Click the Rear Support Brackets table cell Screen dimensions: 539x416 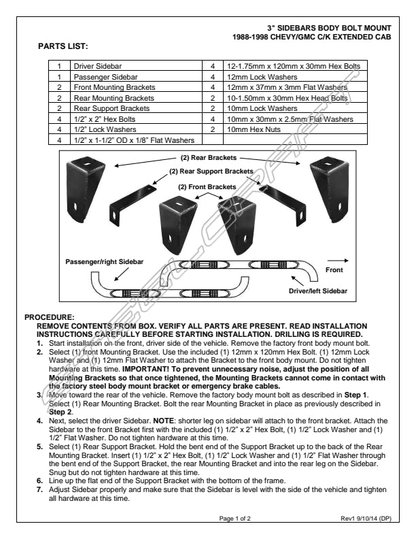[111, 108]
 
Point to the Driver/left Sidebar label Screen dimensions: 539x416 [318, 291]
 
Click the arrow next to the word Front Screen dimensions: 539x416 [337, 259]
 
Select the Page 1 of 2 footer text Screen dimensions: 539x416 [235, 519]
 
